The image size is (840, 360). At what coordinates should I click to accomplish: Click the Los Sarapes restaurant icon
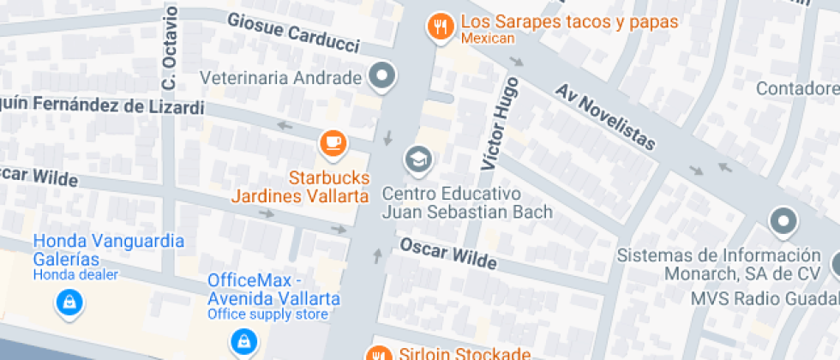[441, 26]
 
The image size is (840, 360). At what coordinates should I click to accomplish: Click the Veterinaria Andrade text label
[281, 78]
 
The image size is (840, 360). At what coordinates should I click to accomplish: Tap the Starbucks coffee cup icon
[332, 142]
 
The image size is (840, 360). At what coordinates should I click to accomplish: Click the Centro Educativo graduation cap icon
[418, 159]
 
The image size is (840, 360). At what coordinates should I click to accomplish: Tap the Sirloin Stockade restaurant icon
[377, 353]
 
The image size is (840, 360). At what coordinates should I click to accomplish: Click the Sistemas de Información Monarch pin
[783, 221]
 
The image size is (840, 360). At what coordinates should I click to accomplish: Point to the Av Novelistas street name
[605, 116]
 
